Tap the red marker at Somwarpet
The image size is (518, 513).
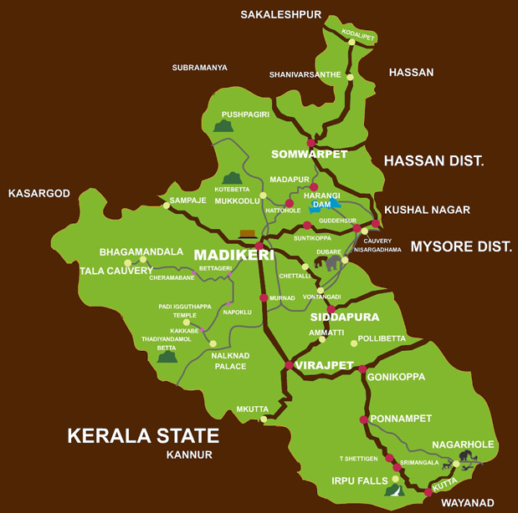pyautogui.click(x=310, y=143)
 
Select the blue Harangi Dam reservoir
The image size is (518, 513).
pyautogui.click(x=325, y=205)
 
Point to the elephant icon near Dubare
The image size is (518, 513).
pyautogui.click(x=334, y=262)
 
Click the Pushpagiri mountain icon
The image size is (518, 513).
pyautogui.click(x=222, y=126)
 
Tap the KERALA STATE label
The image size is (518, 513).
pyautogui.click(x=143, y=435)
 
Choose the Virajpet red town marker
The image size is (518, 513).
pyautogui.click(x=289, y=365)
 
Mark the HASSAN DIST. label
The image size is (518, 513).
pyautogui.click(x=434, y=160)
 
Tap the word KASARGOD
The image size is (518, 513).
pyautogui.click(x=38, y=193)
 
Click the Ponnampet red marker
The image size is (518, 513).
pyautogui.click(x=363, y=419)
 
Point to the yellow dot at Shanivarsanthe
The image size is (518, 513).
pyautogui.click(x=351, y=78)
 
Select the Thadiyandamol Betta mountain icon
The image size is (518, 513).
pyautogui.click(x=168, y=357)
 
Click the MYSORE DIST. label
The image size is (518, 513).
pyautogui.click(x=460, y=246)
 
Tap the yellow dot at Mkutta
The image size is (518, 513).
pyautogui.click(x=264, y=419)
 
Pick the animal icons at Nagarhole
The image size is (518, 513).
pyautogui.click(x=465, y=458)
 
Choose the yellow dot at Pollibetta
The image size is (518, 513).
pyautogui.click(x=354, y=343)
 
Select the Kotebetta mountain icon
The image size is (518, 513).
pyautogui.click(x=232, y=178)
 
